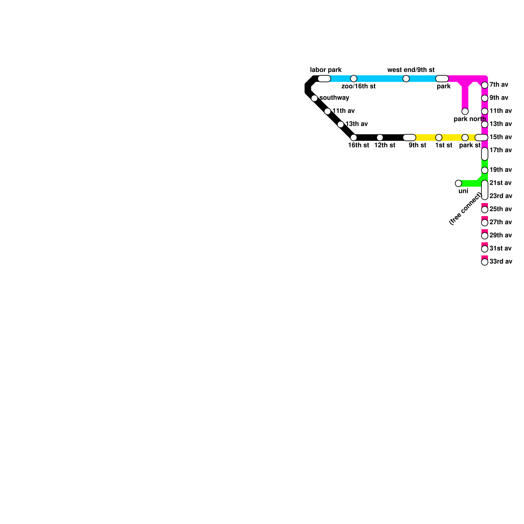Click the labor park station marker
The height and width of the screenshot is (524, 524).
point(324,79)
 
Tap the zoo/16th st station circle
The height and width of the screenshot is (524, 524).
point(354,79)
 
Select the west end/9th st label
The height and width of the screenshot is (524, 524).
point(411,70)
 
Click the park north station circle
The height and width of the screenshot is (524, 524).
point(465,111)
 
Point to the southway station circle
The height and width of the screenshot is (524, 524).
point(314,98)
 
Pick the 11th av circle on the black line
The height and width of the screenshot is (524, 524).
point(327,111)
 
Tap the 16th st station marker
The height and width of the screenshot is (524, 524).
point(354,138)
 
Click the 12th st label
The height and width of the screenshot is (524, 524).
point(385,145)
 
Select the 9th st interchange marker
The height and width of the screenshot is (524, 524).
point(409,138)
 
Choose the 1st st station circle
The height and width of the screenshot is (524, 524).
point(439,138)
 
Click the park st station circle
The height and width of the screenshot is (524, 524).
point(465,138)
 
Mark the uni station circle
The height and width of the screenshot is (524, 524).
point(458,183)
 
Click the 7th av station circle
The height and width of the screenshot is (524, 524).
point(485,85)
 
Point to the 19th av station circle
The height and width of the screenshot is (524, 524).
point(485,170)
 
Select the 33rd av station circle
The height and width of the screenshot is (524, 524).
point(485,262)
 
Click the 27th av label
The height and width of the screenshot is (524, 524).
point(500,222)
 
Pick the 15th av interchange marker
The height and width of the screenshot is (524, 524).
point(481,138)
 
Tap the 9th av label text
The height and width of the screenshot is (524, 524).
point(499,98)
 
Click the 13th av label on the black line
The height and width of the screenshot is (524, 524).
point(357,124)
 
